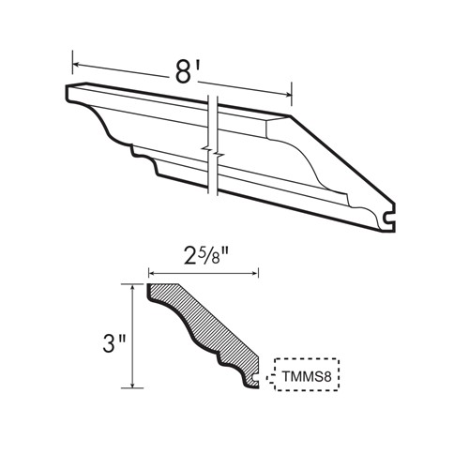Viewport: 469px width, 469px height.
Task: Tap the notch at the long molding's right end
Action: (392, 221)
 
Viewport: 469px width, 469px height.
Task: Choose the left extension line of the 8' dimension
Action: (73, 70)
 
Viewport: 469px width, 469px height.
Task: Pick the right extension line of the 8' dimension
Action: (294, 93)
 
